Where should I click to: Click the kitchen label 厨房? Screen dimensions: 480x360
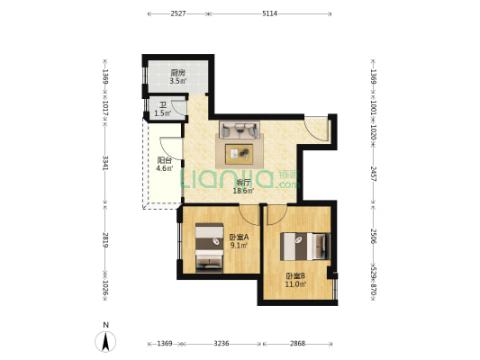177,73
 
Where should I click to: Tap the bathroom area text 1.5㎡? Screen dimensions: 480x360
162,113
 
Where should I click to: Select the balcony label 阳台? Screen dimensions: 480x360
164,160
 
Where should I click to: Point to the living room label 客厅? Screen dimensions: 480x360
243,183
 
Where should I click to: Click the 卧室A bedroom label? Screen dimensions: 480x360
239,237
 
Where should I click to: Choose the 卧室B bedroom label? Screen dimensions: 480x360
295,276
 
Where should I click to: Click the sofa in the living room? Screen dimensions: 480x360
240,130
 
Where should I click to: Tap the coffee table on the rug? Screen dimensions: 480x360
239,154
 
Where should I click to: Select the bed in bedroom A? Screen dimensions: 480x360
210,247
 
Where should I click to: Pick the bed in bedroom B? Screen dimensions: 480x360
305,247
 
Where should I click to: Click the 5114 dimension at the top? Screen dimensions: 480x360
269,13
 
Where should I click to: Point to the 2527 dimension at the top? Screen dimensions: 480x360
178,13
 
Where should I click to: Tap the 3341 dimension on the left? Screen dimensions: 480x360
105,163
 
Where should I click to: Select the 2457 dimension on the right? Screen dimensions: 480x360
374,174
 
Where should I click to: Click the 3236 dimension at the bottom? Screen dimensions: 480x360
221,344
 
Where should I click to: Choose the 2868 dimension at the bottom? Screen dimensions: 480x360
297,344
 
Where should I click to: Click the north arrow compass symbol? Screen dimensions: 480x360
105,342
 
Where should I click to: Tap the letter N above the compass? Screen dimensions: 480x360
105,325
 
